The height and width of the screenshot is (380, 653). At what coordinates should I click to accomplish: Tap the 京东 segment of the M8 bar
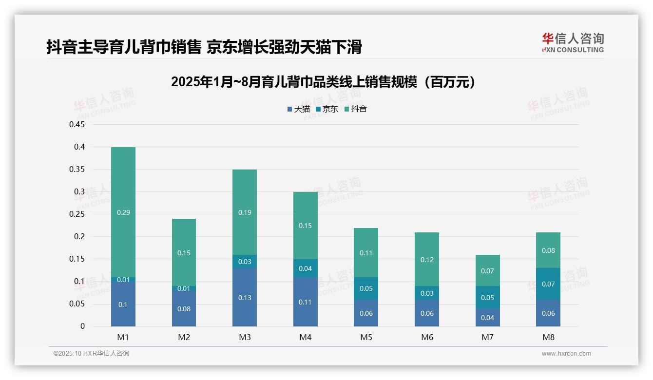pyautogui.click(x=548, y=284)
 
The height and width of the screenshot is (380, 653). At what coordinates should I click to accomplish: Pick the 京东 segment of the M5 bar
pyautogui.click(x=366, y=288)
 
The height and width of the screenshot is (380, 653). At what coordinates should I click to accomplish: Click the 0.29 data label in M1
pyautogui.click(x=123, y=212)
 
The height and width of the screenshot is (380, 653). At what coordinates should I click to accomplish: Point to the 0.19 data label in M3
pyautogui.click(x=245, y=212)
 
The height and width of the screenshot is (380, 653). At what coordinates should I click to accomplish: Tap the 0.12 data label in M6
pyautogui.click(x=427, y=260)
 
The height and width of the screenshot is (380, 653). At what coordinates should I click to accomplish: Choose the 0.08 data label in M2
pyautogui.click(x=184, y=309)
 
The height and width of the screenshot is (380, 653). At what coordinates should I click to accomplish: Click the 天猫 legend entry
pyautogui.click(x=298, y=109)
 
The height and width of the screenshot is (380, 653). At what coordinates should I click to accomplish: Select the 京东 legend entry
pyautogui.click(x=327, y=109)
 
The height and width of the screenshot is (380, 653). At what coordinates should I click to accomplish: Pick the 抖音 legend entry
pyautogui.click(x=356, y=109)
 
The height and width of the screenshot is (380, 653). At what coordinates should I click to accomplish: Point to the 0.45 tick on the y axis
pyautogui.click(x=77, y=124)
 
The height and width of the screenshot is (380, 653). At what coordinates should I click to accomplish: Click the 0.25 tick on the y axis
pyautogui.click(x=77, y=214)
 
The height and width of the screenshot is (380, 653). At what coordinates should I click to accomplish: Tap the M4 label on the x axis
pyautogui.click(x=306, y=337)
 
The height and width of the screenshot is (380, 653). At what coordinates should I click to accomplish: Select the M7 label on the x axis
pyautogui.click(x=488, y=337)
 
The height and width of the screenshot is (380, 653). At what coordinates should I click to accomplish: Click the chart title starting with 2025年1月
pyautogui.click(x=323, y=82)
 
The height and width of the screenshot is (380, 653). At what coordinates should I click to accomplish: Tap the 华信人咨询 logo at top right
pyautogui.click(x=573, y=42)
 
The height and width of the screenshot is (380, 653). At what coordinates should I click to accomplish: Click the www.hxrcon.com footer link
pyautogui.click(x=566, y=354)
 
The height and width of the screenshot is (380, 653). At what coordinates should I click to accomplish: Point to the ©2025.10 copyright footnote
pyautogui.click(x=91, y=354)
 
